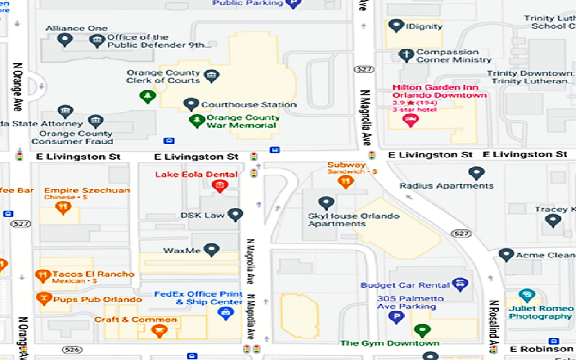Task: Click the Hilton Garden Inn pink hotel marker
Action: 410,120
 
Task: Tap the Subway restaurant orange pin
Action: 346,181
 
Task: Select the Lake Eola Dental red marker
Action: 220,185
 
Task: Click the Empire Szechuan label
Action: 87,190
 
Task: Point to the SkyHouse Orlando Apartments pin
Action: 326,203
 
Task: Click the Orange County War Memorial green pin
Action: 197,121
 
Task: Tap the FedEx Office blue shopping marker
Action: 225,313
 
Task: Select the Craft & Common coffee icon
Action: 159,331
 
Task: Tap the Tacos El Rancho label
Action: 93,274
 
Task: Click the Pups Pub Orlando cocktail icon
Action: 44,298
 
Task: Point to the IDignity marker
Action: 396,26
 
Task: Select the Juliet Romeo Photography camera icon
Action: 526,296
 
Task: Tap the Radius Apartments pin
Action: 476,173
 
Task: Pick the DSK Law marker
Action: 235,215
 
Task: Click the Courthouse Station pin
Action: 191,104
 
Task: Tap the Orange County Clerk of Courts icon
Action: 211,76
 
